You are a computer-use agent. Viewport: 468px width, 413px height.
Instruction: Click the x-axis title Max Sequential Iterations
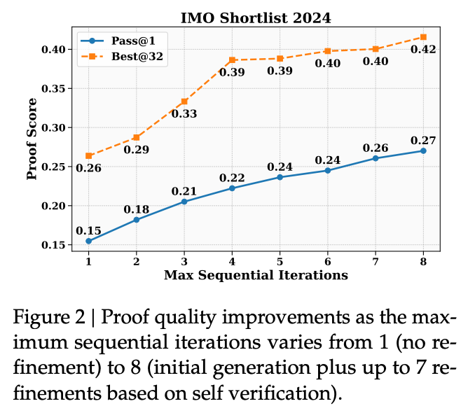click(256, 275)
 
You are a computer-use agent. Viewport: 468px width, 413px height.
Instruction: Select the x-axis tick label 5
click(280, 260)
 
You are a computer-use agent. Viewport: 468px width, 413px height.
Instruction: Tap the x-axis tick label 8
click(423, 260)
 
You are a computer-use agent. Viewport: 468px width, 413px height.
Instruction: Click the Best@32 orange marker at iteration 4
click(233, 60)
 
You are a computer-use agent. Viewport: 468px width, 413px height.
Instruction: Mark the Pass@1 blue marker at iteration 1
click(89, 241)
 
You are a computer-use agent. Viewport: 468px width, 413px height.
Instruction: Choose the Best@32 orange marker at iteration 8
click(423, 36)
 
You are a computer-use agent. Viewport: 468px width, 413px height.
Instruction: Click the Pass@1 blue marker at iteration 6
click(328, 170)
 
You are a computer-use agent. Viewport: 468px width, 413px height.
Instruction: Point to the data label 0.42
click(424, 50)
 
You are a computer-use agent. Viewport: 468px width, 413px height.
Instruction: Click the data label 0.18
click(136, 209)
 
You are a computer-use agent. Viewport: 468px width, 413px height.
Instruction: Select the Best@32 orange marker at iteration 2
click(137, 137)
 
